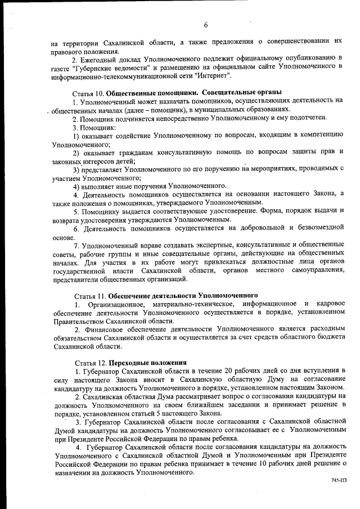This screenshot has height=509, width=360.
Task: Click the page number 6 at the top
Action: click(206, 25)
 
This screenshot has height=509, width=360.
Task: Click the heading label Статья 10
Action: click(88, 92)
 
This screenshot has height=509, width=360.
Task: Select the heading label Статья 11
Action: click(90, 295)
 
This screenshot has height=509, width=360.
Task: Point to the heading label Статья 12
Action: click(90, 362)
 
